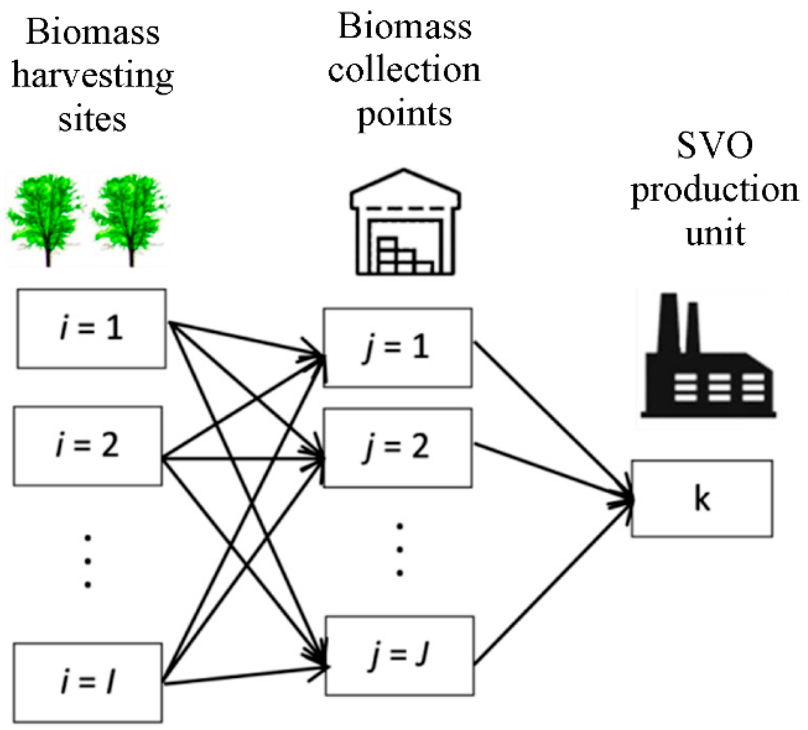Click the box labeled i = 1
tap(91, 328)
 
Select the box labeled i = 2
tap(88, 446)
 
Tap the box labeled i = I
tap(88, 682)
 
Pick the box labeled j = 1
tap(398, 348)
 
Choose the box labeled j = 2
tap(398, 447)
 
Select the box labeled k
tap(702, 499)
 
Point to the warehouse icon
tap(404, 223)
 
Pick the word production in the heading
tap(714, 190)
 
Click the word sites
tap(92, 119)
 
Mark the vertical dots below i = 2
tap(88, 561)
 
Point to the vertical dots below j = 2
tap(400, 550)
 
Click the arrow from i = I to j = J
tap(245, 675)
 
